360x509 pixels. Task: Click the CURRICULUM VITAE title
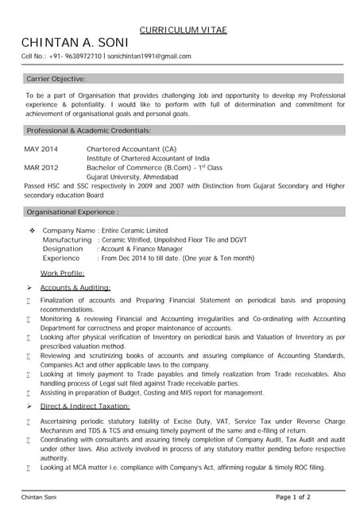183,29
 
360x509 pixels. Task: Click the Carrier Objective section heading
56,79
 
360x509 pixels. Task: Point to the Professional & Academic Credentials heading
88,130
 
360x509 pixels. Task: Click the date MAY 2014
41,149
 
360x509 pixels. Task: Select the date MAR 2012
41,168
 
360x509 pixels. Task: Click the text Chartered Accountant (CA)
131,149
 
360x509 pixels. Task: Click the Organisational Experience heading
72,212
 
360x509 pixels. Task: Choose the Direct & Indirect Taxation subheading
86,406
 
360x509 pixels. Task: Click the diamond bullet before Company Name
32,230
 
